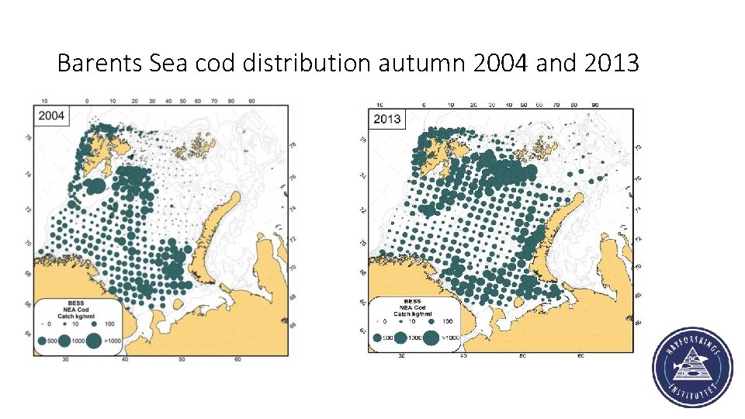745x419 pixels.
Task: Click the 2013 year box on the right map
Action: coord(386,119)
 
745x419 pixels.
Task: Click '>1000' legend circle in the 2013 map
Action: coord(431,338)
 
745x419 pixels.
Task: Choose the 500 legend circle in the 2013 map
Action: coord(378,338)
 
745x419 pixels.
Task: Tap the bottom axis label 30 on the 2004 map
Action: coord(65,359)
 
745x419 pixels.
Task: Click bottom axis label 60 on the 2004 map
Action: coord(238,359)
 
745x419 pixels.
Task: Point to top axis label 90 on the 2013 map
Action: coord(594,105)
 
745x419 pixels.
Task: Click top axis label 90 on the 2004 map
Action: coord(252,101)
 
